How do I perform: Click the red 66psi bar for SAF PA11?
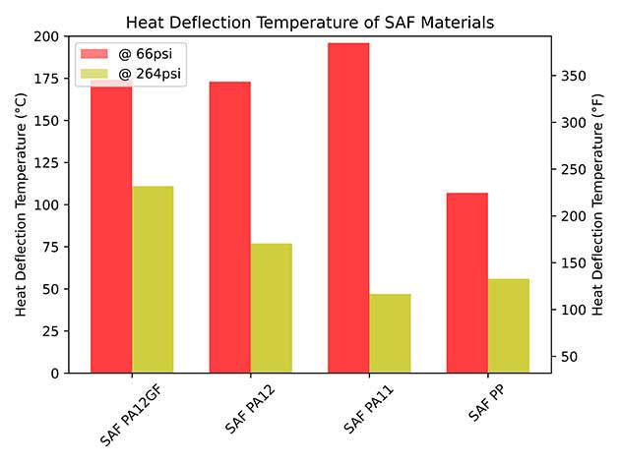click(x=348, y=208)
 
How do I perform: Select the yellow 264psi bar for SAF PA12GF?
click(x=153, y=280)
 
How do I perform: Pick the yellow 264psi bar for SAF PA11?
click(x=390, y=334)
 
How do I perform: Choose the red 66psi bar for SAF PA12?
click(x=229, y=227)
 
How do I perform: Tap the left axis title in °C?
click(x=21, y=204)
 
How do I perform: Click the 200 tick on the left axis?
click(x=46, y=36)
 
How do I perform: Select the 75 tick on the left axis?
click(x=50, y=248)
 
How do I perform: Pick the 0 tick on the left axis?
click(x=55, y=374)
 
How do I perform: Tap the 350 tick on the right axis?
click(x=573, y=77)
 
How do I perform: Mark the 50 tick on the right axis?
click(x=569, y=356)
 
